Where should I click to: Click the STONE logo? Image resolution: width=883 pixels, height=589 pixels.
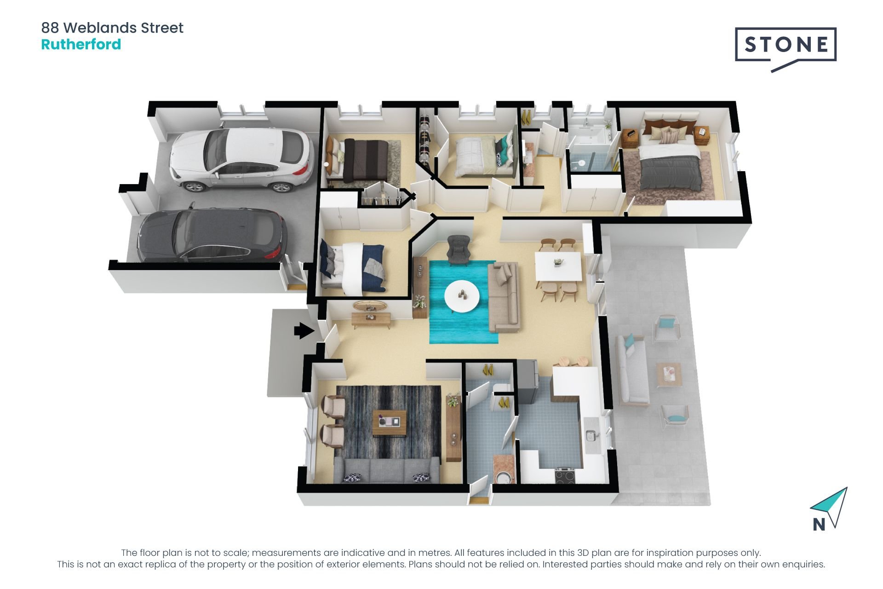pyautogui.click(x=786, y=45)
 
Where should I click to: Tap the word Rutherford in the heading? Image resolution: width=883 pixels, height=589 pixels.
pyautogui.click(x=81, y=45)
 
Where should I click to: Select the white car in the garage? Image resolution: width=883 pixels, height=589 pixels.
pyautogui.click(x=241, y=159)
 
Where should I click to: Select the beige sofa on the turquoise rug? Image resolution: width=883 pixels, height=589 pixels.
pyautogui.click(x=504, y=297)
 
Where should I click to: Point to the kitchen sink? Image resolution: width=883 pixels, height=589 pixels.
pyautogui.click(x=591, y=434)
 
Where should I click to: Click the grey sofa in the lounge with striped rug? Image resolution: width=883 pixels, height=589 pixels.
pyautogui.click(x=386, y=470)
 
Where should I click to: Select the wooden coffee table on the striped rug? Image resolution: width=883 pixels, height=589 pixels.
pyautogui.click(x=389, y=422)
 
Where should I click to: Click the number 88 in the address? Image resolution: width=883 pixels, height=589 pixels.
pyautogui.click(x=50, y=28)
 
